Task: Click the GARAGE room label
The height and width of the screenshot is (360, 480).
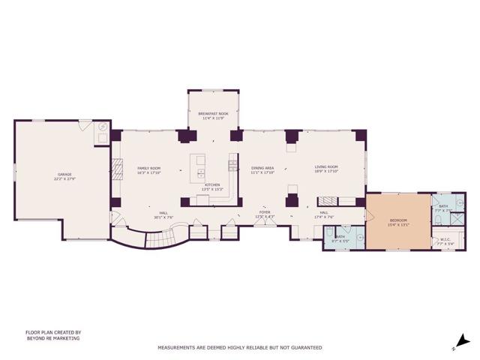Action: tap(64, 175)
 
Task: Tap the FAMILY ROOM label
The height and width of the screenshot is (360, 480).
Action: tap(148, 168)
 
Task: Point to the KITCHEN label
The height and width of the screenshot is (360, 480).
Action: tap(212, 184)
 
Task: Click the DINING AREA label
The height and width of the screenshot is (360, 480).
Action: tap(262, 168)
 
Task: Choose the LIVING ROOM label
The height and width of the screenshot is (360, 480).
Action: tap(325, 166)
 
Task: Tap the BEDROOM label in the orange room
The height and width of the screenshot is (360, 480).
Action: tap(397, 220)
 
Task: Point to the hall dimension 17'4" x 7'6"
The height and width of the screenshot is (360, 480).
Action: tap(324, 217)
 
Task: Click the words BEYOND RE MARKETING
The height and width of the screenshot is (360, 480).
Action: tap(52, 338)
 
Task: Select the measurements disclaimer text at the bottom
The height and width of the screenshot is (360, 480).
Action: tap(239, 347)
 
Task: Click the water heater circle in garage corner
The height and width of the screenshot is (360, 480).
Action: tap(102, 129)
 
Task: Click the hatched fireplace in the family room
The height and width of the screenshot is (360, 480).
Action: tap(116, 166)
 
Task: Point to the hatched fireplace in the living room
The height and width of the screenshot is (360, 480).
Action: tap(327, 201)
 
